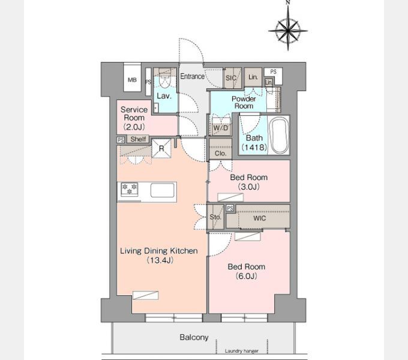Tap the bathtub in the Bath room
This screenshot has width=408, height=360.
pyautogui.click(x=279, y=136)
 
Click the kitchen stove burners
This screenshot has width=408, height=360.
pyautogui.click(x=130, y=189)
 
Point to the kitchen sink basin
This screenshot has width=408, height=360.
pyautogui.click(x=163, y=190)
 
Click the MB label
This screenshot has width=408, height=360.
pyautogui.click(x=132, y=80)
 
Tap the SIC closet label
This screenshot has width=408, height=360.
pyautogui.click(x=231, y=78)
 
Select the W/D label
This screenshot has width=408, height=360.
pyautogui.click(x=221, y=128)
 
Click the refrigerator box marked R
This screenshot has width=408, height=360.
pyautogui.click(x=161, y=149)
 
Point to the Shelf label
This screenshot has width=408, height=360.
pyautogui.click(x=138, y=139)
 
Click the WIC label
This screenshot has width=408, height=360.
pyautogui.click(x=259, y=218)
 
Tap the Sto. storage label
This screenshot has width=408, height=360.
pyautogui.click(x=215, y=217)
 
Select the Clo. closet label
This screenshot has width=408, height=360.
pyautogui.click(x=220, y=154)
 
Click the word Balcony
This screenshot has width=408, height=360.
pyautogui.click(x=194, y=337)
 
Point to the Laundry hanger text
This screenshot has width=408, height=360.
pyautogui.click(x=242, y=351)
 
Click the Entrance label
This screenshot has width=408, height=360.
pyautogui.click(x=192, y=76)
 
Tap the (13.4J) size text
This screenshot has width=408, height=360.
pyautogui.click(x=160, y=260)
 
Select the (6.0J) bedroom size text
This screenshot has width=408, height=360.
pyautogui.click(x=247, y=276)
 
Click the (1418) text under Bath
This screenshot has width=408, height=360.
pyautogui.click(x=254, y=147)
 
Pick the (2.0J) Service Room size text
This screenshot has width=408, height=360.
pyautogui.click(x=134, y=127)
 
